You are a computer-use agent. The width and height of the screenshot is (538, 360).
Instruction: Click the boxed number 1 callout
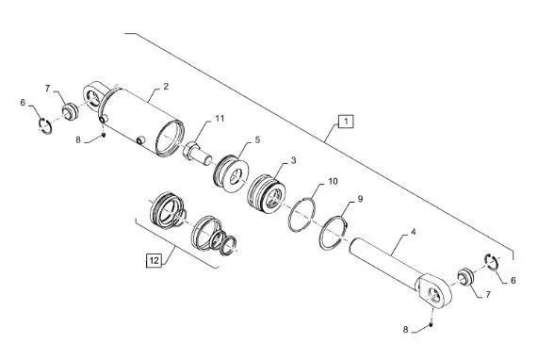(x=346, y=122)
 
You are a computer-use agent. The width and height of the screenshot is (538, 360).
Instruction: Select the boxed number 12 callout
(x=155, y=260)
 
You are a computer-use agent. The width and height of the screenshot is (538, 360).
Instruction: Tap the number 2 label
(x=166, y=87)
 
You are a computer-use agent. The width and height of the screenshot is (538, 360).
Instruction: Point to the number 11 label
(x=220, y=119)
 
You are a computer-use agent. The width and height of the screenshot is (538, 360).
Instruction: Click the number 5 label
(x=257, y=139)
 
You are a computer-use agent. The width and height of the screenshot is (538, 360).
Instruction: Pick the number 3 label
(x=293, y=160)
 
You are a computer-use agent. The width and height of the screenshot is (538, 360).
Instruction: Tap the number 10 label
(x=333, y=181)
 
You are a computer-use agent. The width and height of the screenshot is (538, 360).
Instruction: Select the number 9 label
(x=360, y=199)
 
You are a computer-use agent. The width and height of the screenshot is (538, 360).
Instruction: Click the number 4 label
(x=413, y=232)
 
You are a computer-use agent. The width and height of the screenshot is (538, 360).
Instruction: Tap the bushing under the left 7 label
(x=71, y=112)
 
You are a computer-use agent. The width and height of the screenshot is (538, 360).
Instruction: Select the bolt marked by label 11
(x=197, y=154)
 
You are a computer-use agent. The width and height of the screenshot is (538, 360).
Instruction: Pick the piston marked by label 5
(x=231, y=173)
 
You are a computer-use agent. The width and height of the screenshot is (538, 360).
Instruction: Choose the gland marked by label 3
(x=267, y=195)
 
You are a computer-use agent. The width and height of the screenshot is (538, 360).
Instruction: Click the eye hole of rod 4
(x=433, y=293)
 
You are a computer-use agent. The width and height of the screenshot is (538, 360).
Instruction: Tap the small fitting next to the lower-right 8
(x=431, y=324)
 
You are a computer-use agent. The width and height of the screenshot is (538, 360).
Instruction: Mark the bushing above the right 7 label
(x=466, y=277)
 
